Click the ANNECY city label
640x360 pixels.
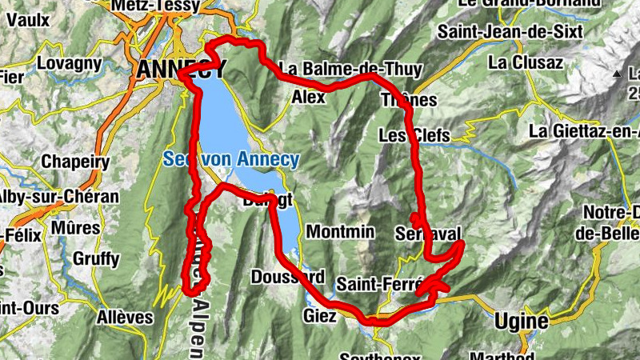coord(180,70)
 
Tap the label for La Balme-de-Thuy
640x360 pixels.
coord(350,70)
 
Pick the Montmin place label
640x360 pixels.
coord(341,231)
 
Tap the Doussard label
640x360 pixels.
coord(287,278)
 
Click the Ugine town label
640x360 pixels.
coord(521,322)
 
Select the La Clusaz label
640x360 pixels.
coord(526,62)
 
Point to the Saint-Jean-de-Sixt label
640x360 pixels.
coord(501,33)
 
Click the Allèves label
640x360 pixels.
coord(124,318)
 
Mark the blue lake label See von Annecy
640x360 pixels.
coord(231,159)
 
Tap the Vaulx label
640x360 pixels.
coord(30,18)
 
